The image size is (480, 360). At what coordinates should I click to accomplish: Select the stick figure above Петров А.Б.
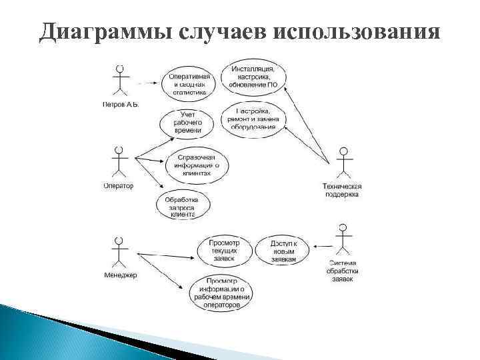[120, 81]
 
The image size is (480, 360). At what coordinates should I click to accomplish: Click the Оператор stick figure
[119, 162]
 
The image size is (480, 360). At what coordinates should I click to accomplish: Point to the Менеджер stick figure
[119, 252]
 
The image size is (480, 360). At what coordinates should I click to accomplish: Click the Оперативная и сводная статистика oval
[190, 83]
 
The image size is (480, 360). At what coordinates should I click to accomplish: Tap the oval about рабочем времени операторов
[222, 293]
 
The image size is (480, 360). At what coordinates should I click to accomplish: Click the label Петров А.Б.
[120, 105]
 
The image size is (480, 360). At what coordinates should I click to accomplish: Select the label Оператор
[119, 186]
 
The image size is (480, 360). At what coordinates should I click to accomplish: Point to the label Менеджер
[120, 276]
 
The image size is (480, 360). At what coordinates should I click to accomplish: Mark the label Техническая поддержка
[343, 190]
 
